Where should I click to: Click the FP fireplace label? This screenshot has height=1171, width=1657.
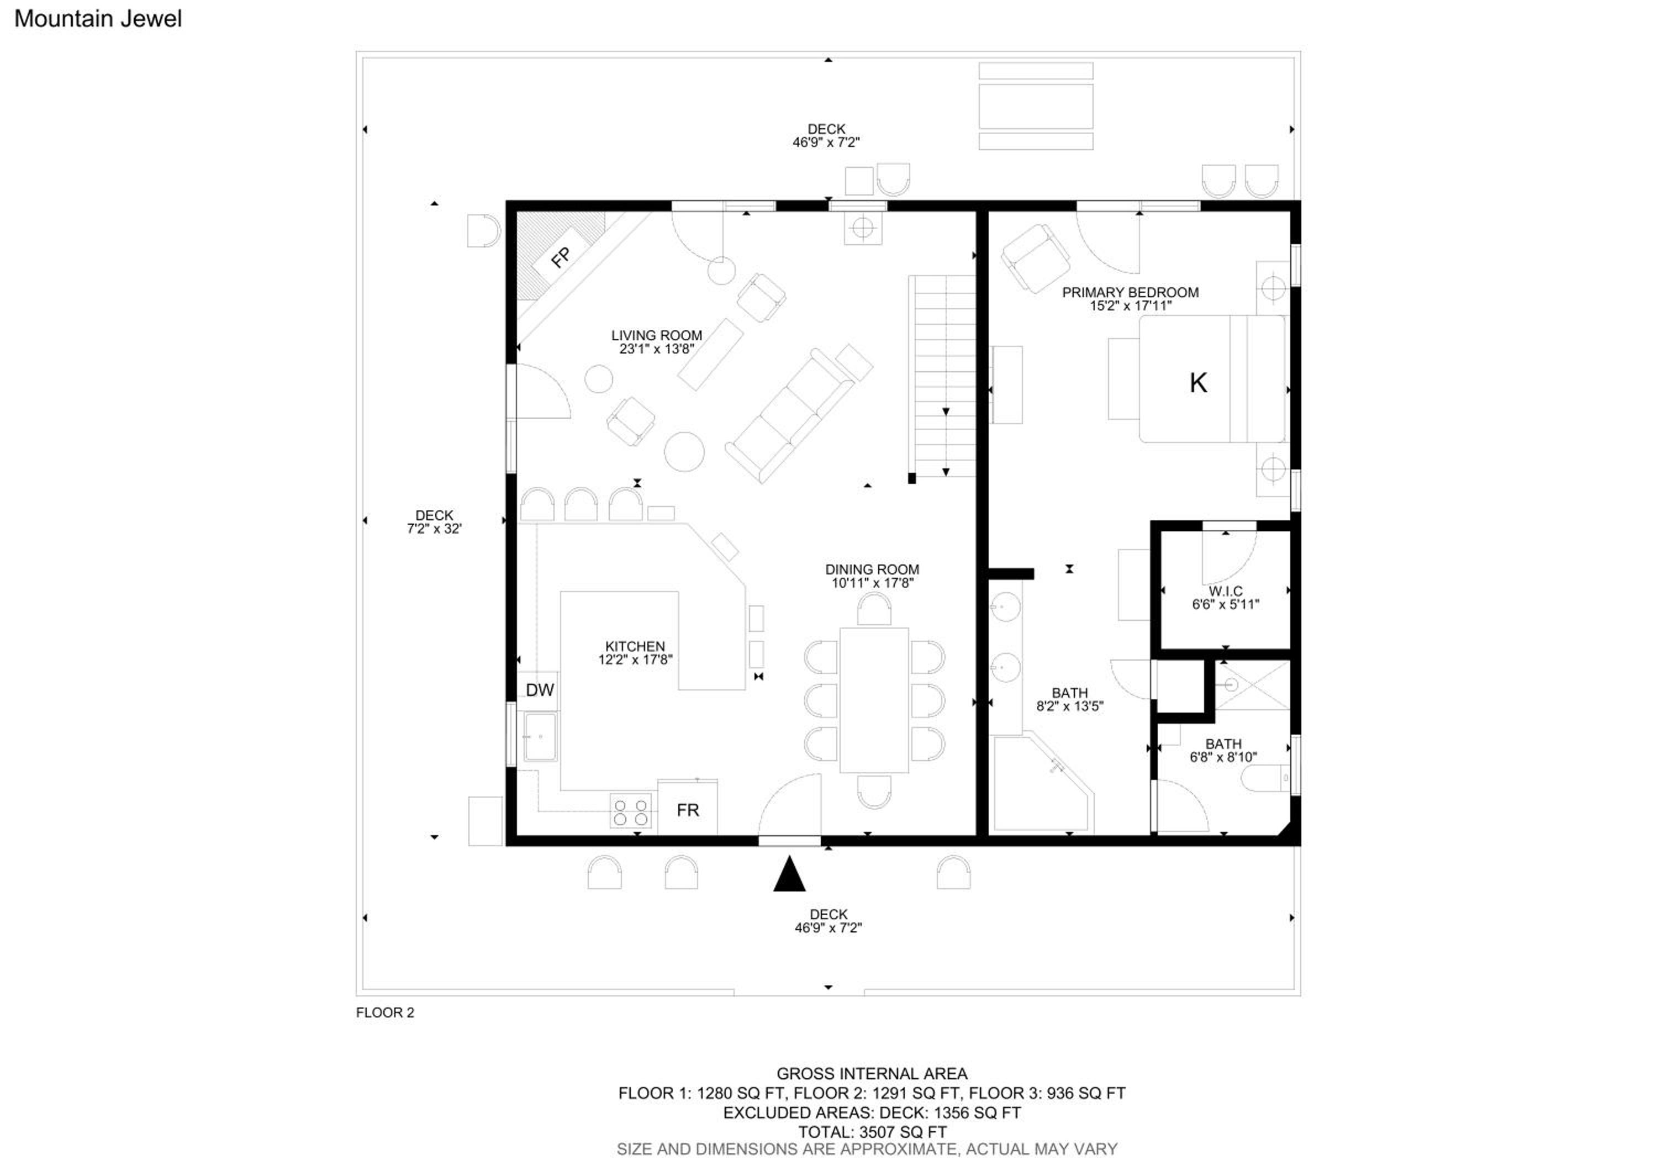click(x=561, y=257)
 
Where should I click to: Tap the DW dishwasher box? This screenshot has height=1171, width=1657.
click(x=539, y=690)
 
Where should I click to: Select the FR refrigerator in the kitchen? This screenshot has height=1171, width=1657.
click(x=687, y=808)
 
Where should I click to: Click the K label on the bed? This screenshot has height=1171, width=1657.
click(x=1198, y=382)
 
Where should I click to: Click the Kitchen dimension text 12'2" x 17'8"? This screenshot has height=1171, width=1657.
click(x=635, y=659)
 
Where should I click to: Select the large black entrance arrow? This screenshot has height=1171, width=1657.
click(x=789, y=874)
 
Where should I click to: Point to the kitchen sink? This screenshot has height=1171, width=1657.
click(x=540, y=737)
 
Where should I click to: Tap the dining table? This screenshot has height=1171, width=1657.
click(x=874, y=699)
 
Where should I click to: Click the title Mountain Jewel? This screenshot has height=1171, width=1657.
click(x=98, y=19)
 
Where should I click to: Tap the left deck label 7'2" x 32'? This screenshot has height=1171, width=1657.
click(x=434, y=528)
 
